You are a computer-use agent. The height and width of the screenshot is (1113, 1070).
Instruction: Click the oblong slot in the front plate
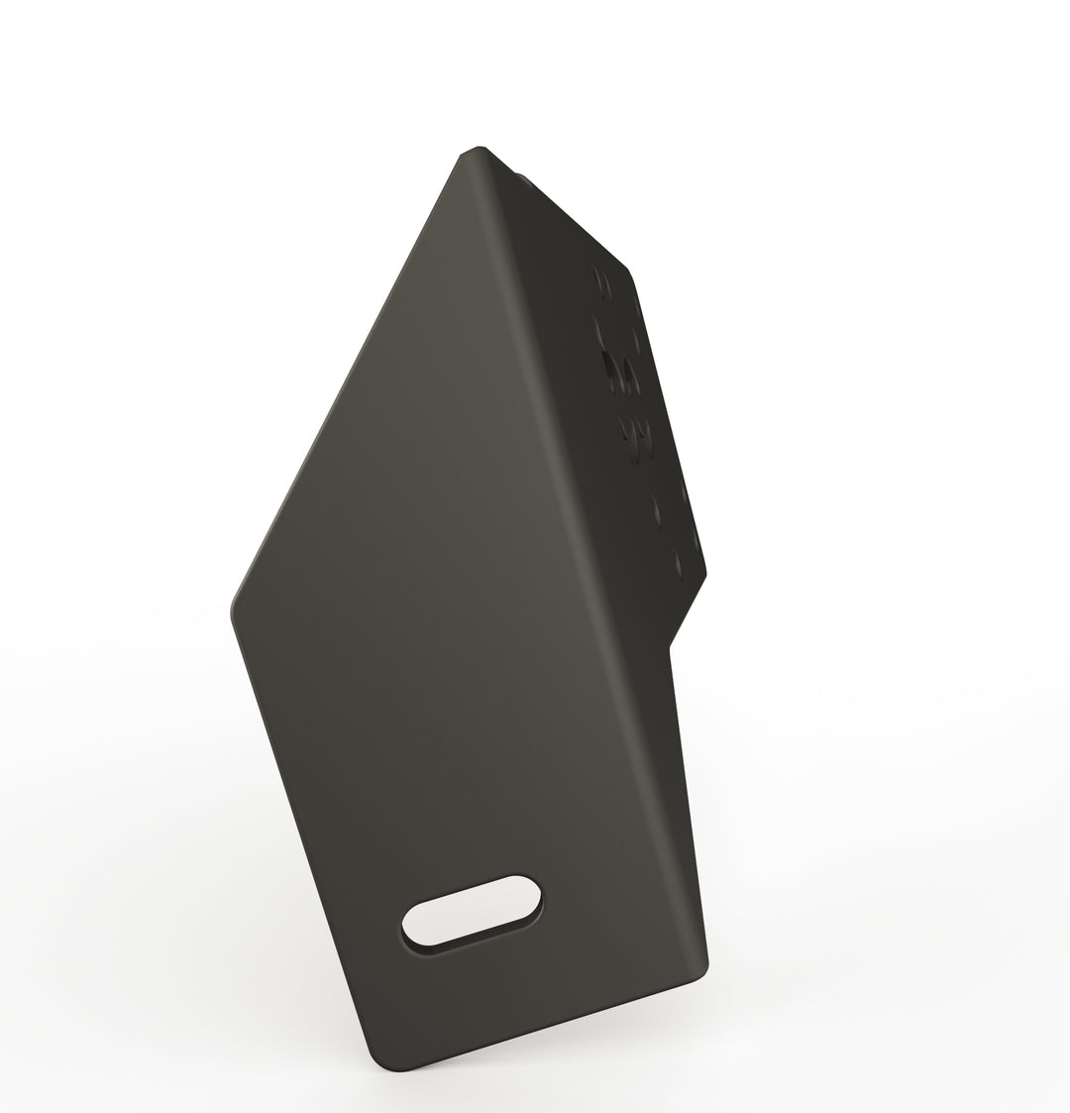(x=472, y=910)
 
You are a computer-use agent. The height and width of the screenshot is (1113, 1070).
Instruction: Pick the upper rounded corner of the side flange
(x=626, y=270)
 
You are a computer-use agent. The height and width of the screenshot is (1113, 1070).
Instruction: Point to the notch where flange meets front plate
(x=672, y=647)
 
